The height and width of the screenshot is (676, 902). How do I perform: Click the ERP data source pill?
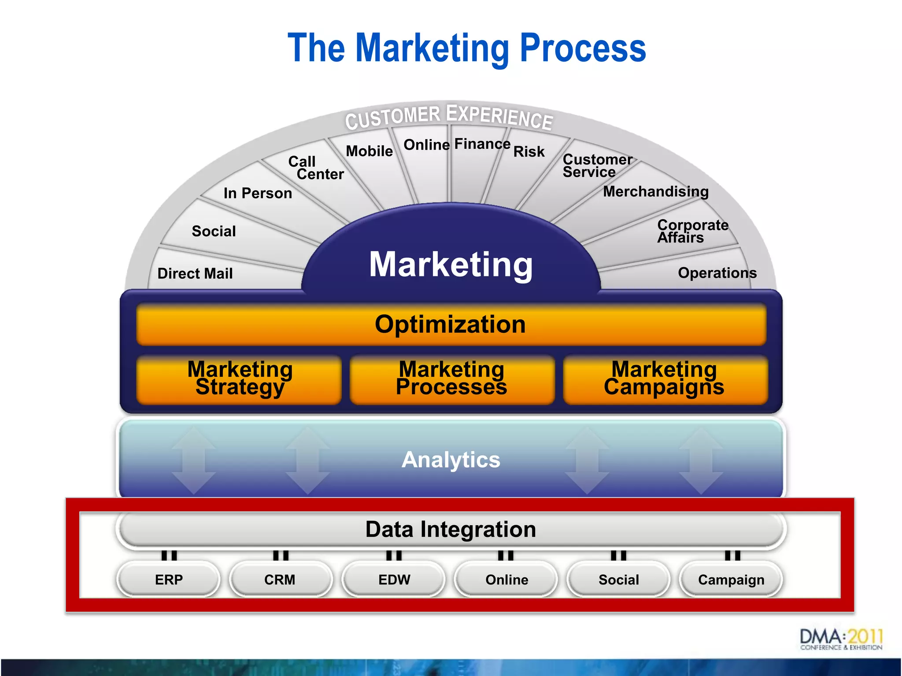169,579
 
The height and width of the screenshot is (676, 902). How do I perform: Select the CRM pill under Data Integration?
280,579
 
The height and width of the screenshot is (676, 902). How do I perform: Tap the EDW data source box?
394,579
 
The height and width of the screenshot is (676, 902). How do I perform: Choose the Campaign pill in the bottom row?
731,579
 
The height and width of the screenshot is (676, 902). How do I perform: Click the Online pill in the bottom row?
506,579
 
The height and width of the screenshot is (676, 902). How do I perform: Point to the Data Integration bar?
451,529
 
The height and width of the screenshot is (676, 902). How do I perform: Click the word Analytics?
451,459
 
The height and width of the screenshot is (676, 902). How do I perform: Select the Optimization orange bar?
451,324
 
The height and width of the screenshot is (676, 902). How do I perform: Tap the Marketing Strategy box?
240,378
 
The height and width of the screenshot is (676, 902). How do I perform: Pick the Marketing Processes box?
451,378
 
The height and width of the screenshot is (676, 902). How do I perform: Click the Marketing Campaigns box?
665,378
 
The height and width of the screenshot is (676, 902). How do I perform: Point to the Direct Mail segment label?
195,273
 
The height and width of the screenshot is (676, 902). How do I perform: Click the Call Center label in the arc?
315,168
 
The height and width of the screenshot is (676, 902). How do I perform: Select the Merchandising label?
656,191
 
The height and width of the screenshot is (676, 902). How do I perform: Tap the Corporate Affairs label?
692,231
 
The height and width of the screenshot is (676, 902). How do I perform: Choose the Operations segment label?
717,273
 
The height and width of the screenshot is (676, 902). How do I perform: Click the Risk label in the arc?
529,151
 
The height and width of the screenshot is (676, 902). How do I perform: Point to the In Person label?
258,193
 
